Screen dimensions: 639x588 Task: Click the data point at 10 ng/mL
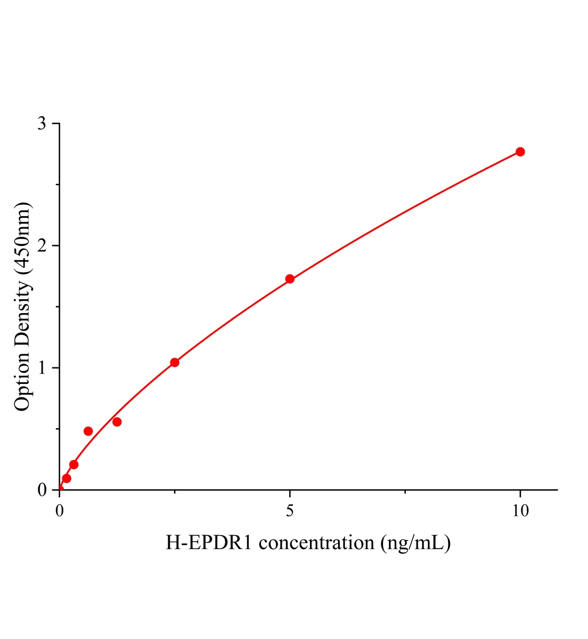520,152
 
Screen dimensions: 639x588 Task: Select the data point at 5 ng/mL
290,279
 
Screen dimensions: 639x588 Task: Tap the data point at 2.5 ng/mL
175,363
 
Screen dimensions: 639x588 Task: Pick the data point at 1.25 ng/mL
117,422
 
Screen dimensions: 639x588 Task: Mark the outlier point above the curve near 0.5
88,431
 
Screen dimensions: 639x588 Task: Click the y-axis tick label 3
42,124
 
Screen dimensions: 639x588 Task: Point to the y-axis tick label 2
42,245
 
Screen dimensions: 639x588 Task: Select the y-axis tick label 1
42,368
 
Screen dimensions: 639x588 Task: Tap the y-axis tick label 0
42,490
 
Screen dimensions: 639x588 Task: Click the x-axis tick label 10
520,511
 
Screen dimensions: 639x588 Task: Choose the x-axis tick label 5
290,511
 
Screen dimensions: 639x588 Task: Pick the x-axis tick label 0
60,511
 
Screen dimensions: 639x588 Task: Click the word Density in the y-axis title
22,309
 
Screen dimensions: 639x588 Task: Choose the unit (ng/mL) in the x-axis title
415,543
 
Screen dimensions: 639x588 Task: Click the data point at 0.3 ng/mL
74,465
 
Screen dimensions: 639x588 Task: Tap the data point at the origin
60,489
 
